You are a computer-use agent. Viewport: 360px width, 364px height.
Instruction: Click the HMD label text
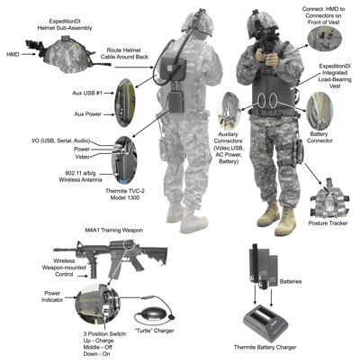tap(13, 54)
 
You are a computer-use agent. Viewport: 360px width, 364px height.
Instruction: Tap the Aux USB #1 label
tap(87, 93)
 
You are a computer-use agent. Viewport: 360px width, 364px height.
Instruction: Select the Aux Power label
tap(87, 114)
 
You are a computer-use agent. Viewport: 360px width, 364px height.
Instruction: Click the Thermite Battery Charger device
tap(265, 323)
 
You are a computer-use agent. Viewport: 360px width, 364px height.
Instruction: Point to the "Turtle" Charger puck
tap(154, 314)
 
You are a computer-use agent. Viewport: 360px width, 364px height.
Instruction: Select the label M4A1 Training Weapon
tap(114, 231)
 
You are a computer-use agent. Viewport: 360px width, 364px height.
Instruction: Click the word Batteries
tap(291, 282)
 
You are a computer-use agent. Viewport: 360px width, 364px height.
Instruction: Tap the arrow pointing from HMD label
tap(29, 54)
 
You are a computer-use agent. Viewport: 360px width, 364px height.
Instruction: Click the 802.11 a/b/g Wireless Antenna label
tap(80, 177)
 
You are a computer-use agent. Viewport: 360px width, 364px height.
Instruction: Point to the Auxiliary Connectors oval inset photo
tap(229, 109)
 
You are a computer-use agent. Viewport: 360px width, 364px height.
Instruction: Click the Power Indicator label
tap(52, 296)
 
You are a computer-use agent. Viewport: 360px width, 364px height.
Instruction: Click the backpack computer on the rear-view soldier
tap(174, 68)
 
